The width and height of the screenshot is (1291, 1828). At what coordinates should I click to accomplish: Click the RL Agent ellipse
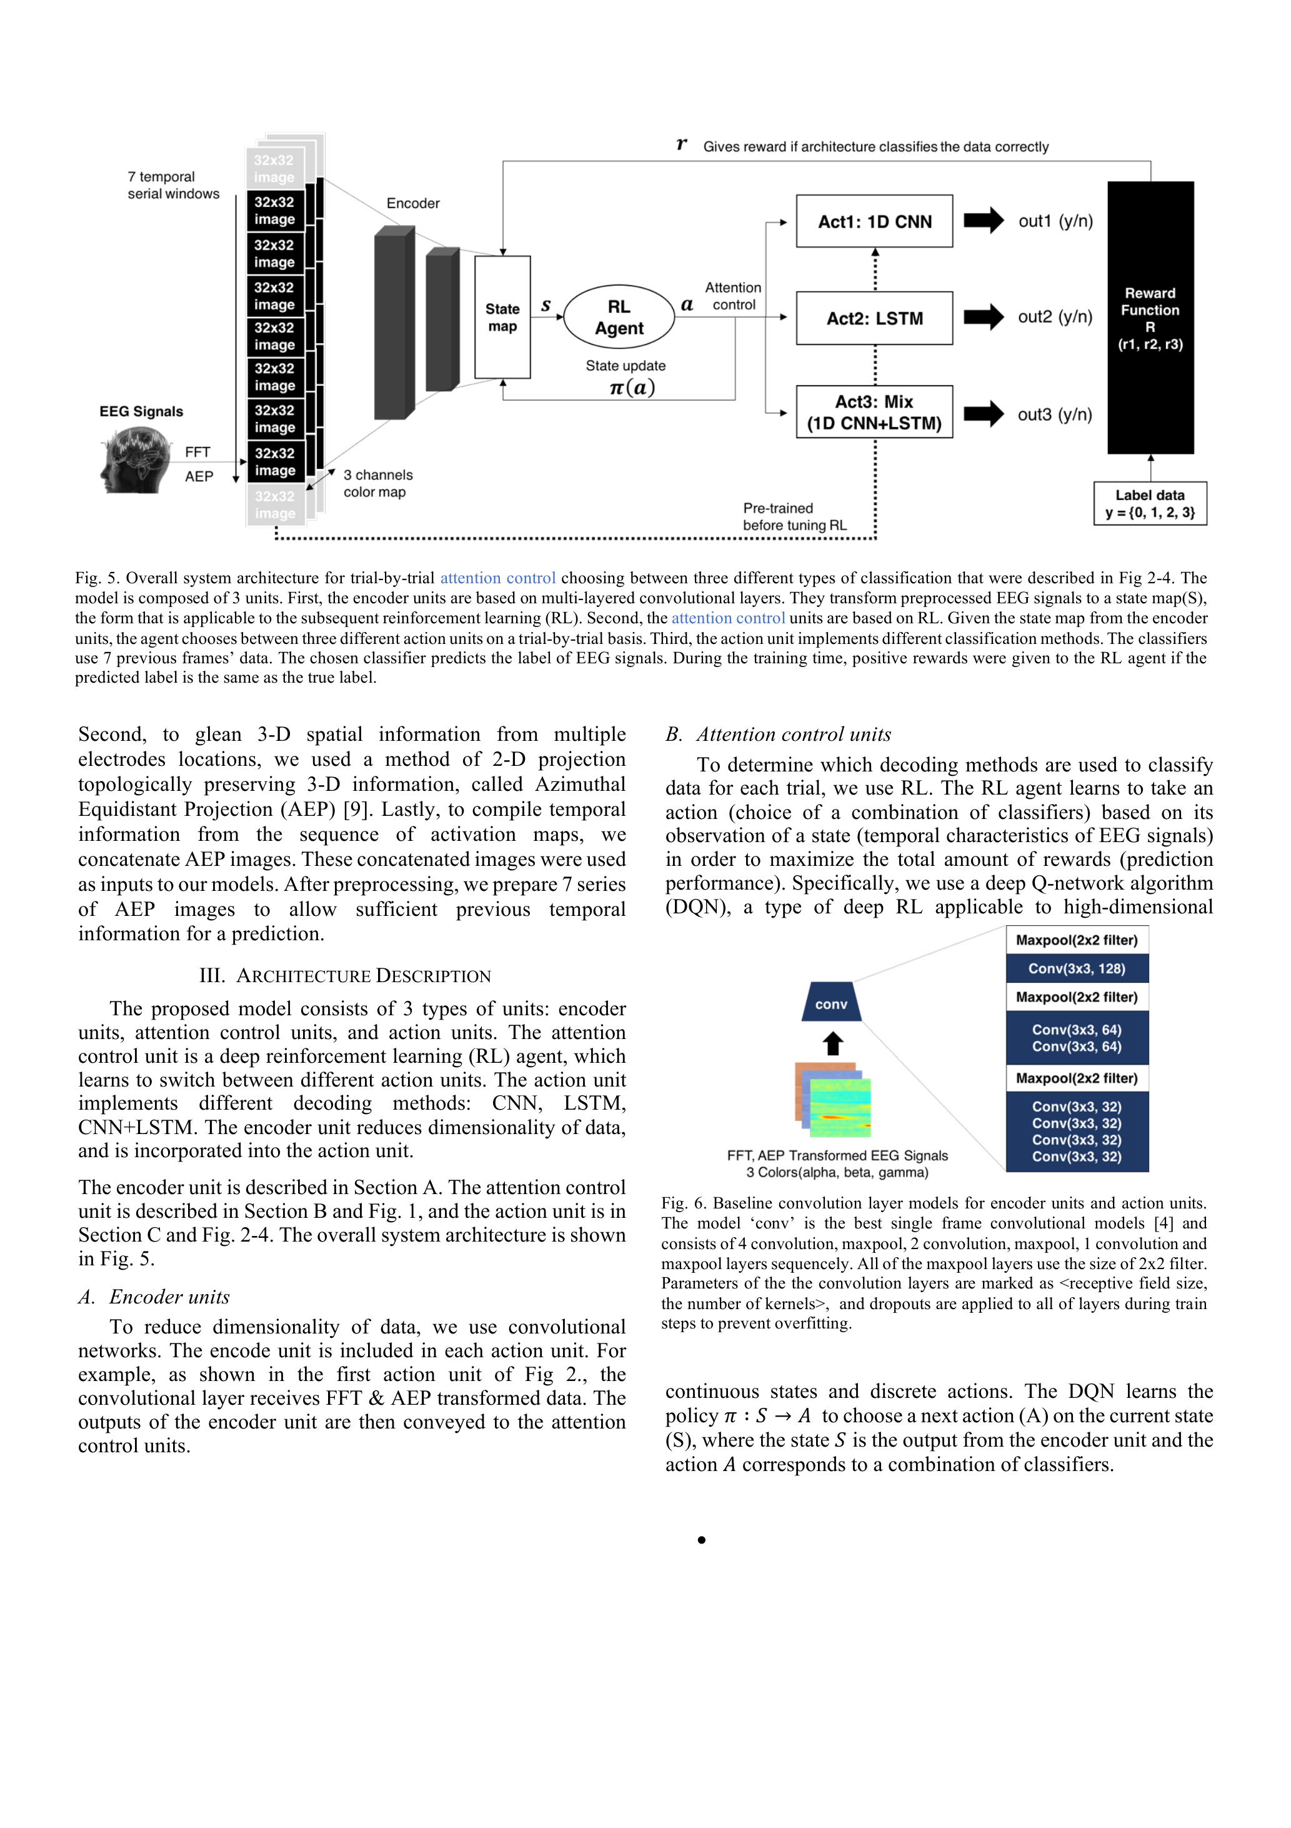(x=619, y=317)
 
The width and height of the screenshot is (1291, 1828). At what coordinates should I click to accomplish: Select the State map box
(x=502, y=317)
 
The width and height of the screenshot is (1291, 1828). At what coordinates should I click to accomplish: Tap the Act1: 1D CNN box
(x=874, y=221)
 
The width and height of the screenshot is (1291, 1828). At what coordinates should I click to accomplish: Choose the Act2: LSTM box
(x=874, y=318)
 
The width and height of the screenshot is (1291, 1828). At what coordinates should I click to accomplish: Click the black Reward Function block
(x=1150, y=318)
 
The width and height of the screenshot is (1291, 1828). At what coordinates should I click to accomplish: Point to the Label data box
(x=1150, y=503)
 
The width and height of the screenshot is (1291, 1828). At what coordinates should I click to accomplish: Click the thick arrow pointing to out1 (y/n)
(x=984, y=221)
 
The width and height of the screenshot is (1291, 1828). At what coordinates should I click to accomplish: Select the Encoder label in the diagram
(x=412, y=203)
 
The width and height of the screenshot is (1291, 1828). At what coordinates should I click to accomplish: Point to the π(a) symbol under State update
(x=632, y=388)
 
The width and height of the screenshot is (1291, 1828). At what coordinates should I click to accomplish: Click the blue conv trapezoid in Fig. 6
(x=831, y=1003)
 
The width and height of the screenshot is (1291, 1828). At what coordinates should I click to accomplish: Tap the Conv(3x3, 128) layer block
(x=1076, y=968)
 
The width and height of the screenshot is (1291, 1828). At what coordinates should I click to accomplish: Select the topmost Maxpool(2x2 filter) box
(x=1076, y=940)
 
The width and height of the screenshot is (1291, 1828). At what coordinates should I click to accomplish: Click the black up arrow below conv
(x=832, y=1043)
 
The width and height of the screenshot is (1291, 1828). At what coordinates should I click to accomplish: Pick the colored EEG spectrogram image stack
(x=832, y=1098)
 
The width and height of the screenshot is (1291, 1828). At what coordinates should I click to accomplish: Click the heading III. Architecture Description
(x=345, y=975)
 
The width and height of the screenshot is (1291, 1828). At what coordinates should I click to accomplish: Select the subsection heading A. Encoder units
(x=154, y=1297)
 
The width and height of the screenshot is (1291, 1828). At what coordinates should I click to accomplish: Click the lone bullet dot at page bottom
(x=701, y=1540)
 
